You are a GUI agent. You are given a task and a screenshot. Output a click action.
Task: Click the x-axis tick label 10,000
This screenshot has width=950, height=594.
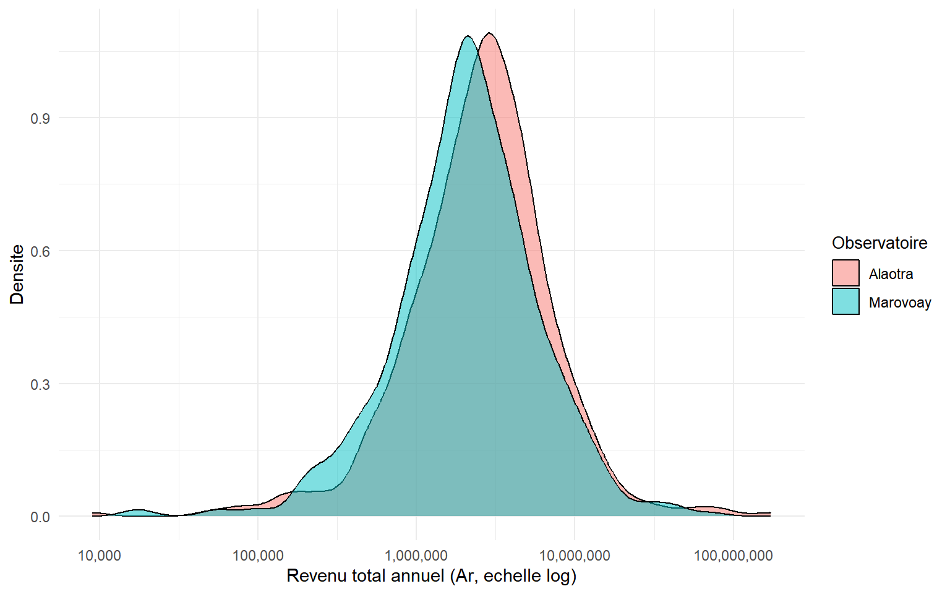point(100,556)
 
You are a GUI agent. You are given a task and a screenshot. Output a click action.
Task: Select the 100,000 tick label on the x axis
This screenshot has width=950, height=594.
point(258,556)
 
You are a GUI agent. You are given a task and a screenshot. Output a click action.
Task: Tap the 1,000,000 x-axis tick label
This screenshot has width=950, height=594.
point(416,556)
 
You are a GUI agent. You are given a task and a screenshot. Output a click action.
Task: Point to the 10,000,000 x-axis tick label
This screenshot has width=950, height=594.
point(575,556)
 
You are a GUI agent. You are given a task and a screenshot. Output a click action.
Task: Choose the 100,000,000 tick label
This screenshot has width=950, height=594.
point(733,556)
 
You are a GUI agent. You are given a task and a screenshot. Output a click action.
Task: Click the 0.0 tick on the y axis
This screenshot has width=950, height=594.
point(40,517)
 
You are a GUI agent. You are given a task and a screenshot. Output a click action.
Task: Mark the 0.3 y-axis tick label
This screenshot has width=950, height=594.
point(40,384)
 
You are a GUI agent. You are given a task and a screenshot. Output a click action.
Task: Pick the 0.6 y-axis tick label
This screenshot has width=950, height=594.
point(40,251)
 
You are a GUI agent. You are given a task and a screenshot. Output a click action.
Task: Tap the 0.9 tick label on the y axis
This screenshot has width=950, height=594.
point(40,118)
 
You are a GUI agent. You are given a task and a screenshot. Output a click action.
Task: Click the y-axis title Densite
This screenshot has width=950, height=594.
point(17,274)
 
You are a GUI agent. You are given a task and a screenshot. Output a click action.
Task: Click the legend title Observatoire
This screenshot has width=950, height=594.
point(879,243)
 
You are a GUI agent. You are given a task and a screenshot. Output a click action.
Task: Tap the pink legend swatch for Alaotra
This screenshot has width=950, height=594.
point(845,273)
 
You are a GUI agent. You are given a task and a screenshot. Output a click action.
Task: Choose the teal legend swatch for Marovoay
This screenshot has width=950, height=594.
point(845,302)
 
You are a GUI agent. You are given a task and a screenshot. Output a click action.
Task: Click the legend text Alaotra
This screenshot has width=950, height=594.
point(891,274)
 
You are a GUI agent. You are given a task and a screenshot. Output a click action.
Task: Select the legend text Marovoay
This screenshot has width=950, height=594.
point(900,303)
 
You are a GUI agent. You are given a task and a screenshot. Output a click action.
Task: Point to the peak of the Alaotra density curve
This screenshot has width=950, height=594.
point(489,33)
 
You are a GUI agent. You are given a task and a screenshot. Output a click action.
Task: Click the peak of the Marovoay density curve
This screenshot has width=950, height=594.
point(468,37)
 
